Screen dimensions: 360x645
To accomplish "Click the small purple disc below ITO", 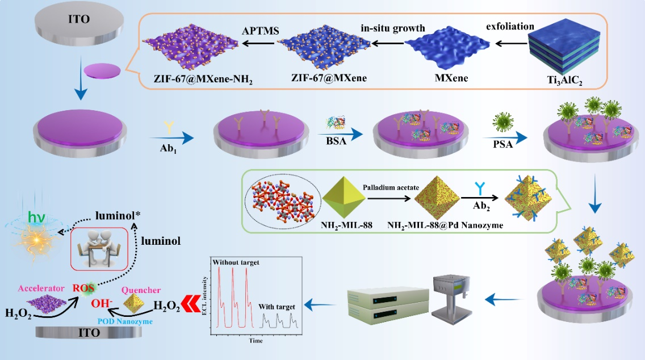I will click(x=102, y=71).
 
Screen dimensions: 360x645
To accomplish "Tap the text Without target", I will click(x=235, y=263).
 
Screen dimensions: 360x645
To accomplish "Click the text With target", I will click(x=277, y=307).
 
